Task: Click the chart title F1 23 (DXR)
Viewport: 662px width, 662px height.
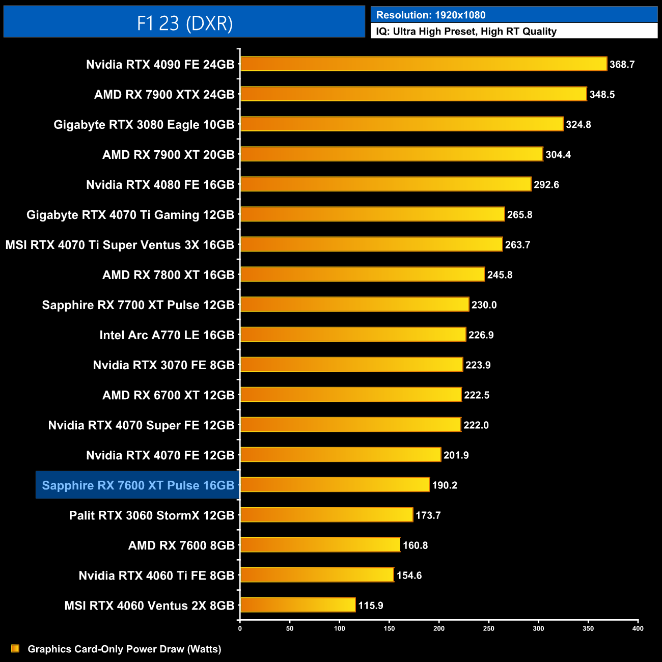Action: pos(184,23)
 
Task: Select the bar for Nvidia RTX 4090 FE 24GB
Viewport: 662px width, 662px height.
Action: pos(423,64)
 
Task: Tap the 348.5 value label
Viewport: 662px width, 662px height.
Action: pos(602,95)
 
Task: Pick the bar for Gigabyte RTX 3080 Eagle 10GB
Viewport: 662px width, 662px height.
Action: pos(401,124)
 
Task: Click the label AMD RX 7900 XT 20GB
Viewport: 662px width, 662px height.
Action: pos(168,155)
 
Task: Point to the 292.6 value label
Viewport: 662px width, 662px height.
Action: pos(546,185)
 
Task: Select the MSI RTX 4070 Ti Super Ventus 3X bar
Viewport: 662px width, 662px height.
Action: pos(371,244)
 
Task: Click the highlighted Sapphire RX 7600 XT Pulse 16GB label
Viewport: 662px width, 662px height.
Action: pos(138,485)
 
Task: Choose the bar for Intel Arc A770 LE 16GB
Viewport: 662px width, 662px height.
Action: pos(352,335)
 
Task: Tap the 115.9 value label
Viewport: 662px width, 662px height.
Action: pos(370,605)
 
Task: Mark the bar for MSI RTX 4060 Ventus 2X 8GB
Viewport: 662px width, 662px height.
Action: pos(297,605)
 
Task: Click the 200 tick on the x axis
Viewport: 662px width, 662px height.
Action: pos(439,628)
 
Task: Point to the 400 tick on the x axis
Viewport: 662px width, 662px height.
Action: pos(638,628)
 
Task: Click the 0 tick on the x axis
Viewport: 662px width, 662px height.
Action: pos(240,628)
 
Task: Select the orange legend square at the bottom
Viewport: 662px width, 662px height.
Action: pos(15,648)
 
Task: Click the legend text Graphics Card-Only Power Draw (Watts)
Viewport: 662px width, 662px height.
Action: pos(124,649)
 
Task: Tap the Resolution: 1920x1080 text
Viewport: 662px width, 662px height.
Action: pos(431,15)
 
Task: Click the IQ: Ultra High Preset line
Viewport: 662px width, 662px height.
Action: pos(466,32)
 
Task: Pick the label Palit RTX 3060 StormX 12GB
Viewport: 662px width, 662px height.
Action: pos(151,515)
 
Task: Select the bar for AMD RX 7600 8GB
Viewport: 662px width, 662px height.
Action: pos(320,545)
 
